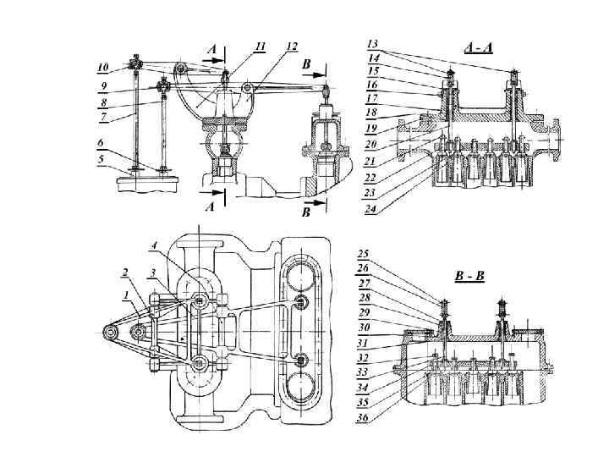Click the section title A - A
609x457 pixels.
478,47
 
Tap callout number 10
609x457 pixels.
103,67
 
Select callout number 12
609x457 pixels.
292,47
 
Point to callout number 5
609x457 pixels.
101,159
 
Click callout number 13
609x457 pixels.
372,44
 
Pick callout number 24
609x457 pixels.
370,209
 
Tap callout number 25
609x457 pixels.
363,254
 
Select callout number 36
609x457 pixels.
362,418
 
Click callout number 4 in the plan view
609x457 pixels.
154,245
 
